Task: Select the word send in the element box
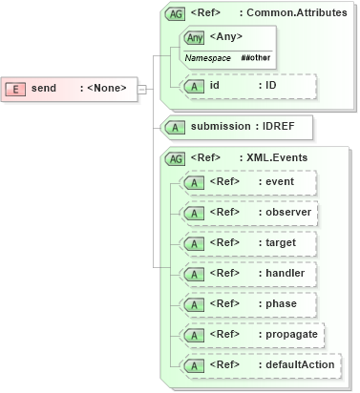(44, 89)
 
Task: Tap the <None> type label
(106, 89)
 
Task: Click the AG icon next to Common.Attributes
(176, 14)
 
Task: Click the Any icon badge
(195, 37)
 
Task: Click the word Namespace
(207, 58)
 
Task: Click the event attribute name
(280, 181)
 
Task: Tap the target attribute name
(281, 242)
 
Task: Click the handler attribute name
(286, 273)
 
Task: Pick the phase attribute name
(281, 303)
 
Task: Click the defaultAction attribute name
(300, 364)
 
